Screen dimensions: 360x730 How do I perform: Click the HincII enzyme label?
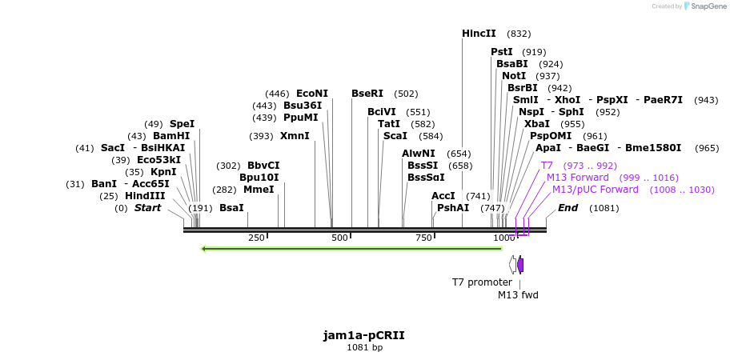479,34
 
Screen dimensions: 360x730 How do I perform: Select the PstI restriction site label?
502,52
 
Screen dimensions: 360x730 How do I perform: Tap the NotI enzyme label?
514,76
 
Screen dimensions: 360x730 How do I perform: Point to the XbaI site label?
537,124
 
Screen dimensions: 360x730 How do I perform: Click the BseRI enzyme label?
367,94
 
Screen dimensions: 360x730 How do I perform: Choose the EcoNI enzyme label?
312,94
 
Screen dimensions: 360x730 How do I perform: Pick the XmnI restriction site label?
295,136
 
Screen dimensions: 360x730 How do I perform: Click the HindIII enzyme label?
145,196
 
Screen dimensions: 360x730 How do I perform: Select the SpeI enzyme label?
182,124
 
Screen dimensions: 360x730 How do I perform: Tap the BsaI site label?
231,208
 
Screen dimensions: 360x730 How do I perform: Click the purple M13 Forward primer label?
578,177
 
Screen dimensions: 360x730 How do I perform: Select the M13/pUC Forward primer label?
596,190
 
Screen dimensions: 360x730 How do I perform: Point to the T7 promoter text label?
482,282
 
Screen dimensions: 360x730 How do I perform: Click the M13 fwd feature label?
518,294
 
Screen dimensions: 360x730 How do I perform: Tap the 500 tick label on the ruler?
339,238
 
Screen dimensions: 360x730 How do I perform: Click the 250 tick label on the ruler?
256,238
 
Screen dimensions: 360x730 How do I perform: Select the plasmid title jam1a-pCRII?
364,335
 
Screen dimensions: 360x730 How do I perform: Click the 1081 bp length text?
364,347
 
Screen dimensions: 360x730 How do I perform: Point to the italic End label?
568,208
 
